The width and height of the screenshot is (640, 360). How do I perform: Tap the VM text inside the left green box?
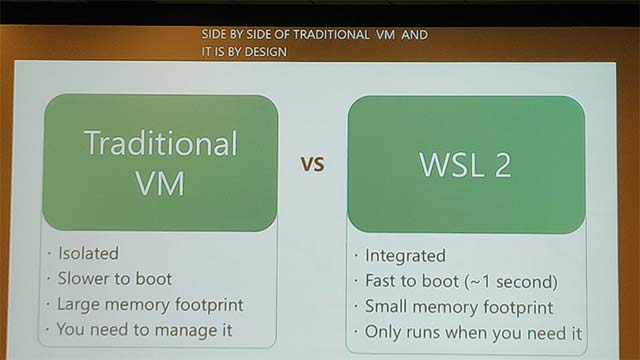(x=160, y=183)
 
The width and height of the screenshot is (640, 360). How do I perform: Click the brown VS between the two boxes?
(x=313, y=165)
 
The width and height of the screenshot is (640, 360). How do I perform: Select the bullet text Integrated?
(x=405, y=256)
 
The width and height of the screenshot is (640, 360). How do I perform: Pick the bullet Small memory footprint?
(x=458, y=307)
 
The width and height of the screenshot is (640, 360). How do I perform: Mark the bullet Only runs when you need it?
(x=473, y=332)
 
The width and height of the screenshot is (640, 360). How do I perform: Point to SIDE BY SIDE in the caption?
(x=232, y=34)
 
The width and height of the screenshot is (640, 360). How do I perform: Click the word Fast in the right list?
(x=382, y=281)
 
